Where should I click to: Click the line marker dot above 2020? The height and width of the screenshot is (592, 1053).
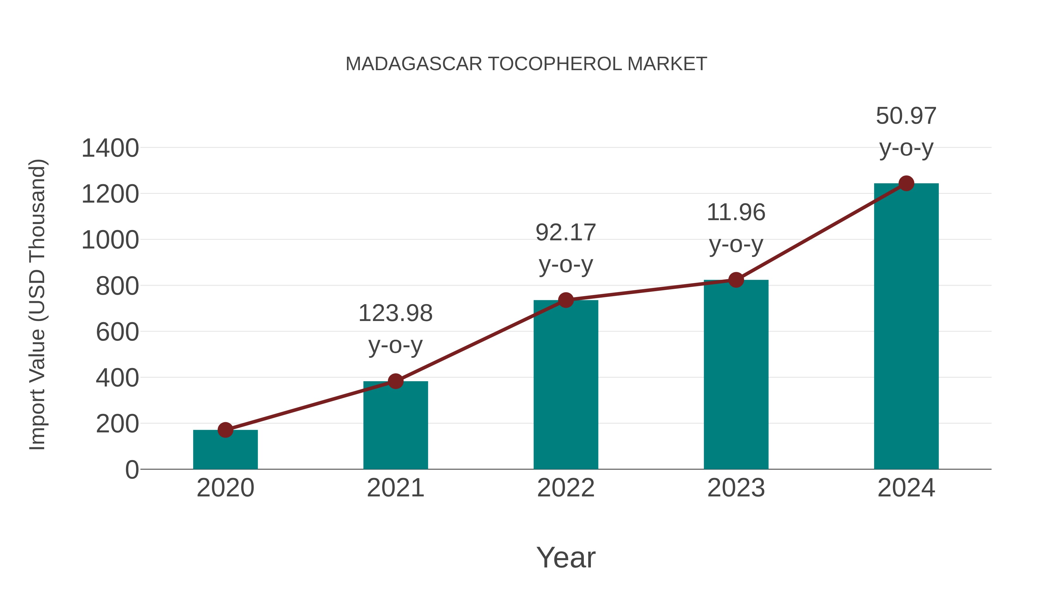coord(225,430)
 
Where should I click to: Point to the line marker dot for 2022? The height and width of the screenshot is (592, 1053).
coord(566,300)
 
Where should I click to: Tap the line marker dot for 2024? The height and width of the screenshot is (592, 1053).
coord(906,183)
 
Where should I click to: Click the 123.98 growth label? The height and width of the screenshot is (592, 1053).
coord(395,313)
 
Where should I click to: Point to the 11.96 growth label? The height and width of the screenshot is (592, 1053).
coord(736,213)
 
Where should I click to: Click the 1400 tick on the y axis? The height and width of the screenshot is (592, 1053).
coord(110,148)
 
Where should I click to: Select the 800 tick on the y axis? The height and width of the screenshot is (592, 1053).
coord(117,286)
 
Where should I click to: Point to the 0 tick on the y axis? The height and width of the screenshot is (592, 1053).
coord(132,470)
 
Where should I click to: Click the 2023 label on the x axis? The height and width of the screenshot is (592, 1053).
coord(736,488)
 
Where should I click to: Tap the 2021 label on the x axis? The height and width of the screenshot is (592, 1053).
coord(395,488)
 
